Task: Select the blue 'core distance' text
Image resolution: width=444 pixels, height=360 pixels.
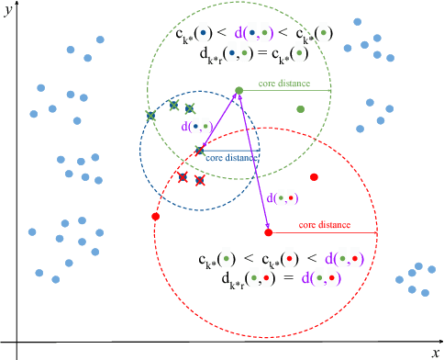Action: click(x=231, y=158)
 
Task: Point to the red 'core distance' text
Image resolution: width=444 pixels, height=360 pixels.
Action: click(x=324, y=224)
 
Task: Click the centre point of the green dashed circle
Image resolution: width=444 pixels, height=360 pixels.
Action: click(x=239, y=91)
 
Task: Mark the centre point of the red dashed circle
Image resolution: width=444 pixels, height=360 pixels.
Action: click(x=269, y=232)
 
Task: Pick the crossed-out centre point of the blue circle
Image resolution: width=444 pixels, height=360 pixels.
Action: click(x=200, y=151)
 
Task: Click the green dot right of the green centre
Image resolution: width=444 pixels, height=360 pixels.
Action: click(x=300, y=109)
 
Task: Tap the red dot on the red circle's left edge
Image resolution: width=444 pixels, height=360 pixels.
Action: click(x=155, y=217)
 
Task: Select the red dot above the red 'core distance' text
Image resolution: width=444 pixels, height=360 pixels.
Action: click(x=314, y=176)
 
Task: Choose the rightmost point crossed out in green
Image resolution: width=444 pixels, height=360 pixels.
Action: click(x=190, y=109)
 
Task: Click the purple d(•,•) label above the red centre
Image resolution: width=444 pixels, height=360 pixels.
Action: click(x=282, y=197)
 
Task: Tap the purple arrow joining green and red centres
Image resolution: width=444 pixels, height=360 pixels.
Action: click(x=254, y=162)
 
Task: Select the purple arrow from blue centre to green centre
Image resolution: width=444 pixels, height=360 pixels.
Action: click(x=219, y=120)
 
